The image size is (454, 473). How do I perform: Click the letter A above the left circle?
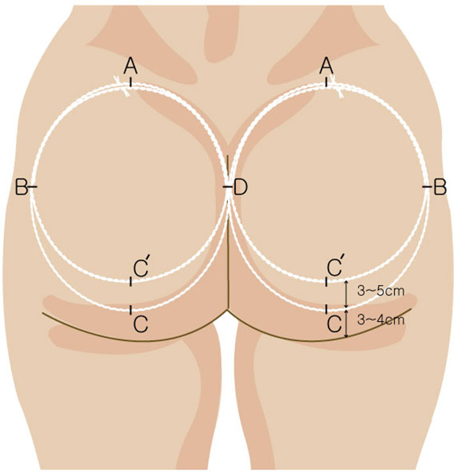pos(131,66)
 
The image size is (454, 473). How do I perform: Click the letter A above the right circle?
pos(327,66)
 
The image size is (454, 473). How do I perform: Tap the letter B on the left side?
pos(21,188)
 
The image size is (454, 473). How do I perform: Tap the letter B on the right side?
pos(440,188)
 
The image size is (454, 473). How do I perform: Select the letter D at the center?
pos(241,188)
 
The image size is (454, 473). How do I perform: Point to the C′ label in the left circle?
pos(142,266)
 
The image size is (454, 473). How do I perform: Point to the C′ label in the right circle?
pos(335,266)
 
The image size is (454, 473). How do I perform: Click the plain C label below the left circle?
pos(141,325)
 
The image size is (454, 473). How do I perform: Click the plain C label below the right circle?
pos(334,325)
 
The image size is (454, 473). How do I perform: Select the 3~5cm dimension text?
pos(380,291)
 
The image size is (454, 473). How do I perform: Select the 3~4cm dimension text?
pos(380,320)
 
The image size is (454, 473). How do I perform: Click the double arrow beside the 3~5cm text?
pos(346,294)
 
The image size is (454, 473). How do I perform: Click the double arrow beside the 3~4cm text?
pos(346,323)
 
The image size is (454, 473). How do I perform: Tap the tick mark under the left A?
pos(131,82)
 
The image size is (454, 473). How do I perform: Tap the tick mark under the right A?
pos(327,82)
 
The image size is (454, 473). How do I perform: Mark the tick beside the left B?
pos(33,187)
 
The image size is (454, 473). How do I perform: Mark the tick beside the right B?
pos(428,187)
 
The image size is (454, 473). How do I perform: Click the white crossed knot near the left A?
pos(122,86)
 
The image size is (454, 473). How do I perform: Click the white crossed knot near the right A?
pos(337,86)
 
